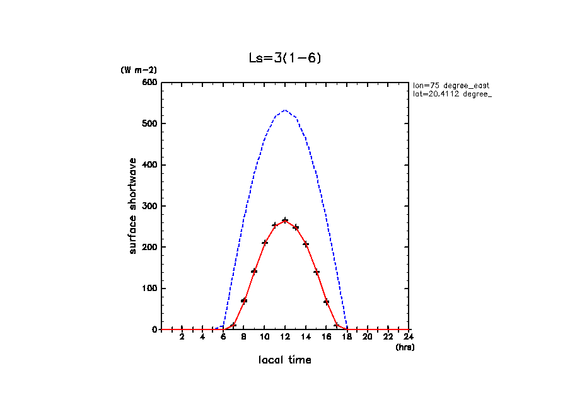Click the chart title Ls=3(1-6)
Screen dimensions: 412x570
coord(285,59)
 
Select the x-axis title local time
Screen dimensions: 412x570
coord(285,360)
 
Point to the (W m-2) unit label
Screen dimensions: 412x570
coord(139,70)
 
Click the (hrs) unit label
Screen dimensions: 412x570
coord(405,347)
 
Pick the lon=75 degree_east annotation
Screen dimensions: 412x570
coord(451,86)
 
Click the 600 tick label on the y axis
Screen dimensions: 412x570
coord(149,83)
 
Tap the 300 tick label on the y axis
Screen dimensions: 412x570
coord(149,206)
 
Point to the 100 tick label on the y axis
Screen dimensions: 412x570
coord(149,289)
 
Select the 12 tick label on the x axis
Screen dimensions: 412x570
coord(285,337)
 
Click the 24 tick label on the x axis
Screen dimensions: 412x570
coord(409,337)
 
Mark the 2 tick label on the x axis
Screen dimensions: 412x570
coord(182,337)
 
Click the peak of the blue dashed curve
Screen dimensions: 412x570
coord(285,110)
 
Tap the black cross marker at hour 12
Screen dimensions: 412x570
coord(285,220)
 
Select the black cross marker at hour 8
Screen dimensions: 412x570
coord(244,300)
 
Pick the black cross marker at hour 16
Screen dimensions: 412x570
coord(327,302)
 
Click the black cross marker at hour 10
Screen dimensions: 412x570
coord(265,243)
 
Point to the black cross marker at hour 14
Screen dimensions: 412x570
coord(306,244)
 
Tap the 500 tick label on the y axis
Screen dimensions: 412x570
coord(149,123)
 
